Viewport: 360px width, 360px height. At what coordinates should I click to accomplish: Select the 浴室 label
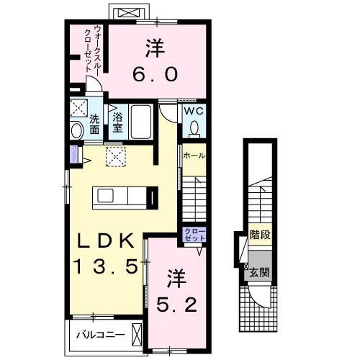tap(116, 122)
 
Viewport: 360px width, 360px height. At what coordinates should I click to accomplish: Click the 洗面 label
tap(94, 122)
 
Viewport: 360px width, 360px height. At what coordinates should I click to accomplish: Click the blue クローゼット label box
tap(194, 235)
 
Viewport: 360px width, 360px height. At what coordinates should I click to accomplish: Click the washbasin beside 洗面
tap(77, 130)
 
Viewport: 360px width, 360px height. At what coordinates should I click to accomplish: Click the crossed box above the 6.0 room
tap(129, 13)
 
